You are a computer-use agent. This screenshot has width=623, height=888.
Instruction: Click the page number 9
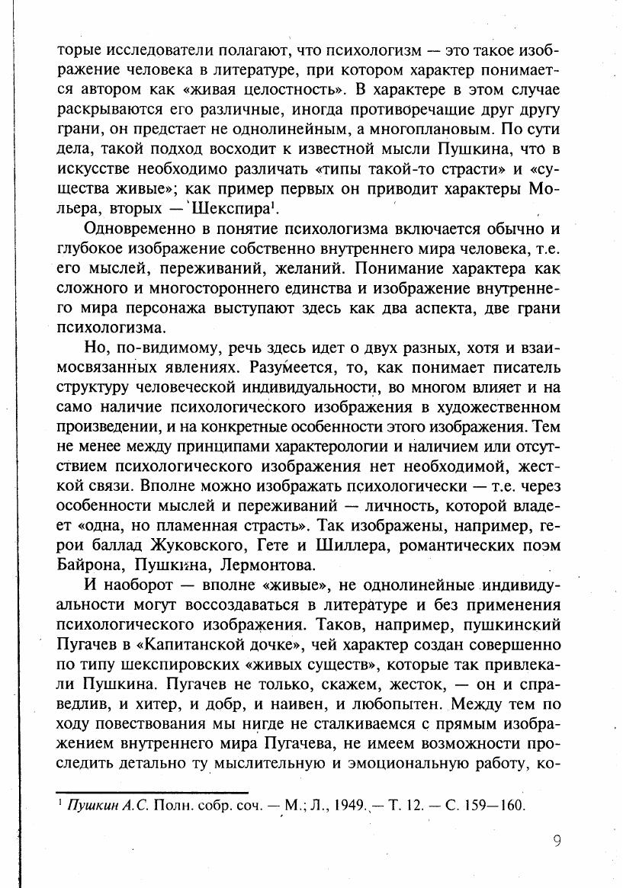pyautogui.click(x=557, y=842)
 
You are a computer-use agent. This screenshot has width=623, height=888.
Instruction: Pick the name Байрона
pyautogui.click(x=91, y=566)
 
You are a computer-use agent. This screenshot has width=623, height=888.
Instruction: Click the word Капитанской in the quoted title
pyautogui.click(x=191, y=645)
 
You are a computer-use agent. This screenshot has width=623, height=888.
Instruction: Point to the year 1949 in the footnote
pyautogui.click(x=349, y=805)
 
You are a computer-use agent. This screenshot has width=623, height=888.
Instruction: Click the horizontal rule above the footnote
pyautogui.click(x=153, y=793)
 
